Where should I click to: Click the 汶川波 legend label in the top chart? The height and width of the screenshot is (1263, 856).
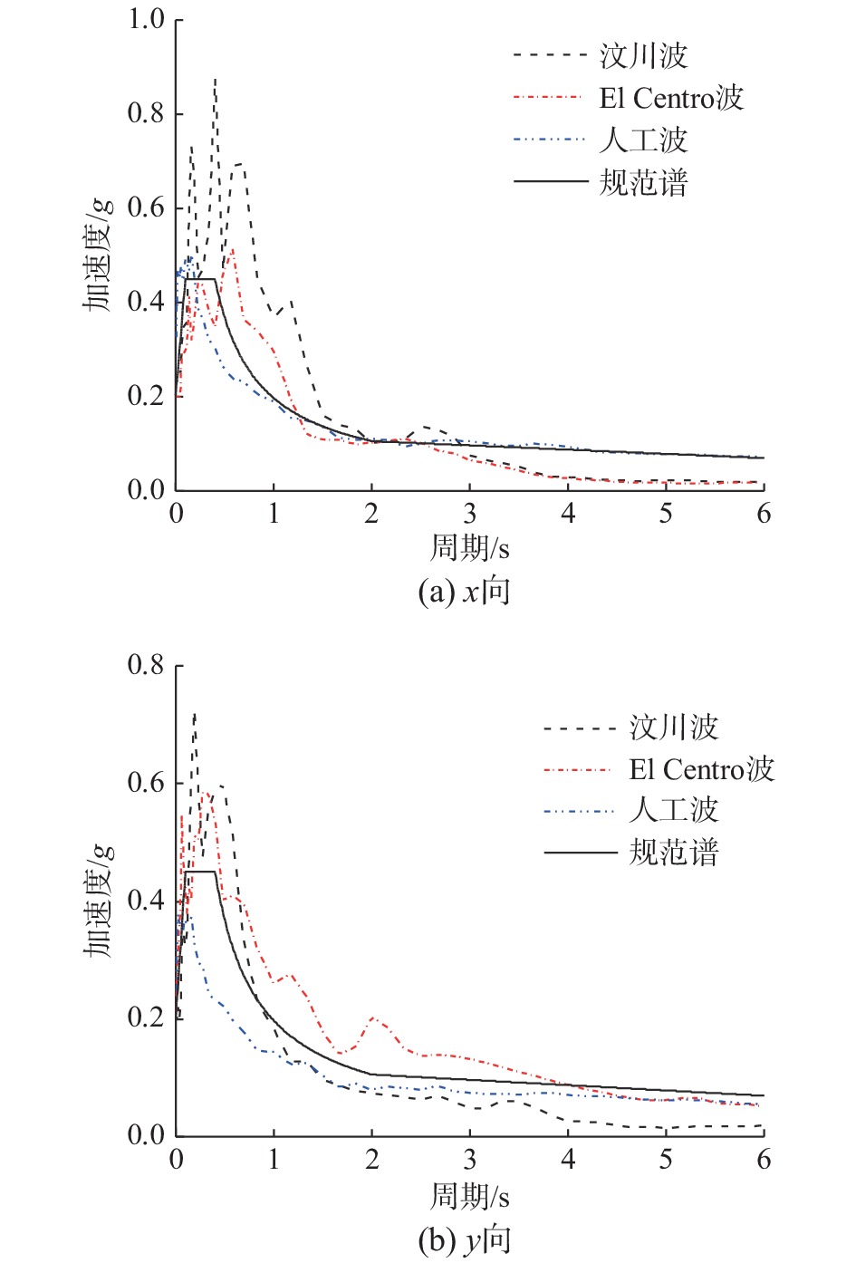[x=643, y=56]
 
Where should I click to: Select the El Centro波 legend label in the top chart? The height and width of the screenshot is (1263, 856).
[x=671, y=98]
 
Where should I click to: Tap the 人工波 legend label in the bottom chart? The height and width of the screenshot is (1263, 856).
[x=673, y=810]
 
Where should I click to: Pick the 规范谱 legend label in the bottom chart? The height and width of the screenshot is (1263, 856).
[x=673, y=853]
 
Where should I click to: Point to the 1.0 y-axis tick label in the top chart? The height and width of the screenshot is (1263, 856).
[x=146, y=19]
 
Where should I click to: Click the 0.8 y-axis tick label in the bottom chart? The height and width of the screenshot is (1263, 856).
[x=146, y=665]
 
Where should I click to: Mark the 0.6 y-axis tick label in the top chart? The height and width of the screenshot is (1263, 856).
[x=146, y=207]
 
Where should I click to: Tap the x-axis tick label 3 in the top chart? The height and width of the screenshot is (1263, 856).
[x=469, y=514]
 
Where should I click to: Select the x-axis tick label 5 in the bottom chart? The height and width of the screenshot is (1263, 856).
[x=666, y=1160]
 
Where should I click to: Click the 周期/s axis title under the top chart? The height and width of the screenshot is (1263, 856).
[x=469, y=547]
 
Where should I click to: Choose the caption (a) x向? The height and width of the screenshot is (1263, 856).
[x=464, y=592]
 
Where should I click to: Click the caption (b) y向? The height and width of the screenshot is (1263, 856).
[x=464, y=1239]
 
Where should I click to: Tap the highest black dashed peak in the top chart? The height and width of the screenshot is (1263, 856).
[x=215, y=80]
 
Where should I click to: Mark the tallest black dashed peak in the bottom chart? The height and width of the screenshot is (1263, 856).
[x=195, y=714]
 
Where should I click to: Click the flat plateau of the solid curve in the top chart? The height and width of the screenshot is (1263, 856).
[x=201, y=279]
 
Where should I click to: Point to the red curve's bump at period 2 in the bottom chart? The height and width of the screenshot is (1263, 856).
[x=373, y=1018]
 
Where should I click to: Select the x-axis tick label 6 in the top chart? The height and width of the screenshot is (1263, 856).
[x=764, y=514]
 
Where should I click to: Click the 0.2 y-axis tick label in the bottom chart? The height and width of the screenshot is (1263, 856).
[x=146, y=1017]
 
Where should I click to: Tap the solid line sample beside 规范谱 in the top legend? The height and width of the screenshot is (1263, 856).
[x=551, y=182]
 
